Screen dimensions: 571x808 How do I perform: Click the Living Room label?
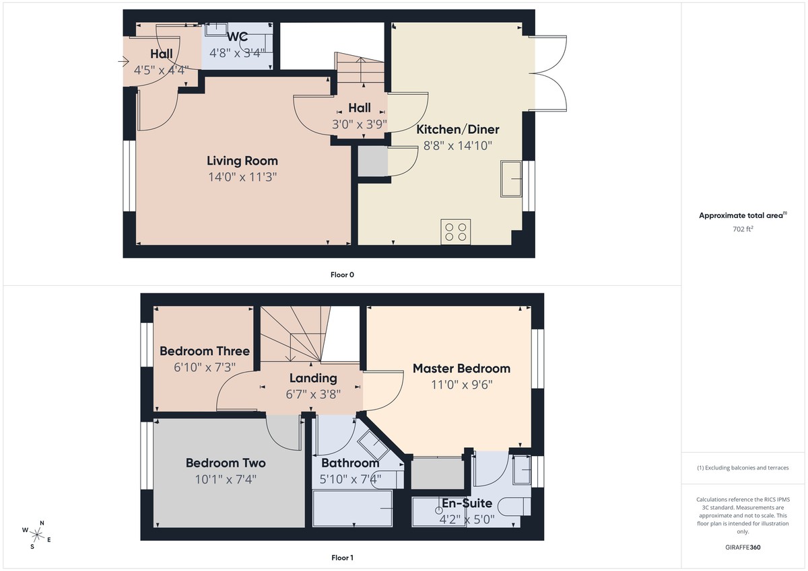click(x=242, y=161)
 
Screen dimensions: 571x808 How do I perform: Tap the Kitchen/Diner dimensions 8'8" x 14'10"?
click(x=457, y=145)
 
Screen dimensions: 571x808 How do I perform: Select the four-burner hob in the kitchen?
click(x=454, y=231)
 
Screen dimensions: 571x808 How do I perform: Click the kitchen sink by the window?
click(x=512, y=178)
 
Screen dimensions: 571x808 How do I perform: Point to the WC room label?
click(x=238, y=36)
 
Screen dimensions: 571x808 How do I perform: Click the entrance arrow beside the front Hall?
click(x=123, y=63)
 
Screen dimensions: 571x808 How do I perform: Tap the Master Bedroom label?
click(x=461, y=369)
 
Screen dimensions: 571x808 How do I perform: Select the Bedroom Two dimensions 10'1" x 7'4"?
click(x=225, y=479)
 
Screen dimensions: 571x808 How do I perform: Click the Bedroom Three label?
click(x=204, y=351)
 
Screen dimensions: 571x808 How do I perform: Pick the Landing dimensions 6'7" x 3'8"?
click(x=313, y=394)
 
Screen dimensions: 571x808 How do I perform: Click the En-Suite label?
click(x=467, y=503)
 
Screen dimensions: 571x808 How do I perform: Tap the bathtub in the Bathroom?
click(x=352, y=508)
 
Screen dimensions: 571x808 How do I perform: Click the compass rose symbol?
click(x=38, y=535)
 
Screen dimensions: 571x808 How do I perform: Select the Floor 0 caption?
click(x=342, y=274)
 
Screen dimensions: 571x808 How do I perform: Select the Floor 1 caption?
click(x=342, y=558)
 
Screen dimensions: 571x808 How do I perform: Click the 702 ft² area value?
click(x=742, y=229)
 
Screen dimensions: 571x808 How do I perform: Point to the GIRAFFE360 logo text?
click(x=742, y=547)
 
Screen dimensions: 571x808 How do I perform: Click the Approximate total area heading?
click(x=742, y=216)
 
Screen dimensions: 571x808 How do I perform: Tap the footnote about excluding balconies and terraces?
click(x=742, y=467)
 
